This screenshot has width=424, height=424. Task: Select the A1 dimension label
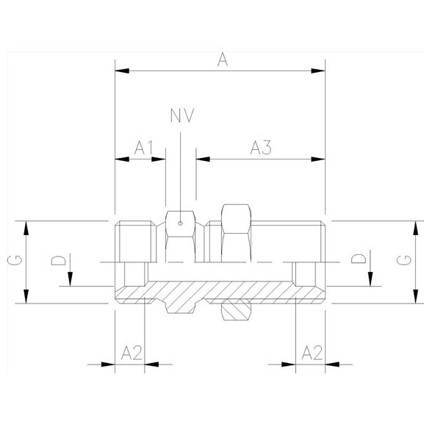pos(143,148)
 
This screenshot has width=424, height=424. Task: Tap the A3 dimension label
pos(261,148)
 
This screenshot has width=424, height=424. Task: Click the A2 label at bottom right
pos(312,352)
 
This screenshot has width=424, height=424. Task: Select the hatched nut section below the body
pos(235,311)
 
